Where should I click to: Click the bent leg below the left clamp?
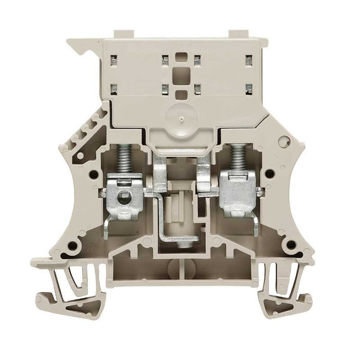click(x=105, y=227)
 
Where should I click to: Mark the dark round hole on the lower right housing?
click(x=291, y=244)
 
